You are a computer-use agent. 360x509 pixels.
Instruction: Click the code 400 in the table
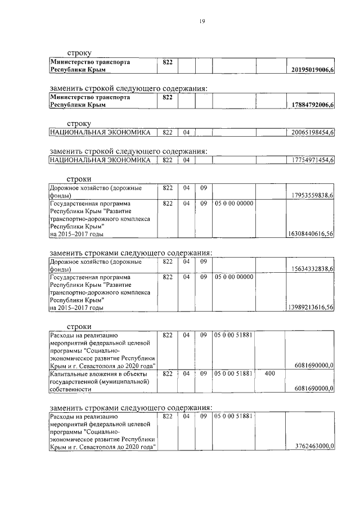269,373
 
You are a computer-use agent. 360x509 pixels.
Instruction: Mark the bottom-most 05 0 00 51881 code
232,416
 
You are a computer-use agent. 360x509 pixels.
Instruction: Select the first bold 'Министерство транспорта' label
90,62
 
